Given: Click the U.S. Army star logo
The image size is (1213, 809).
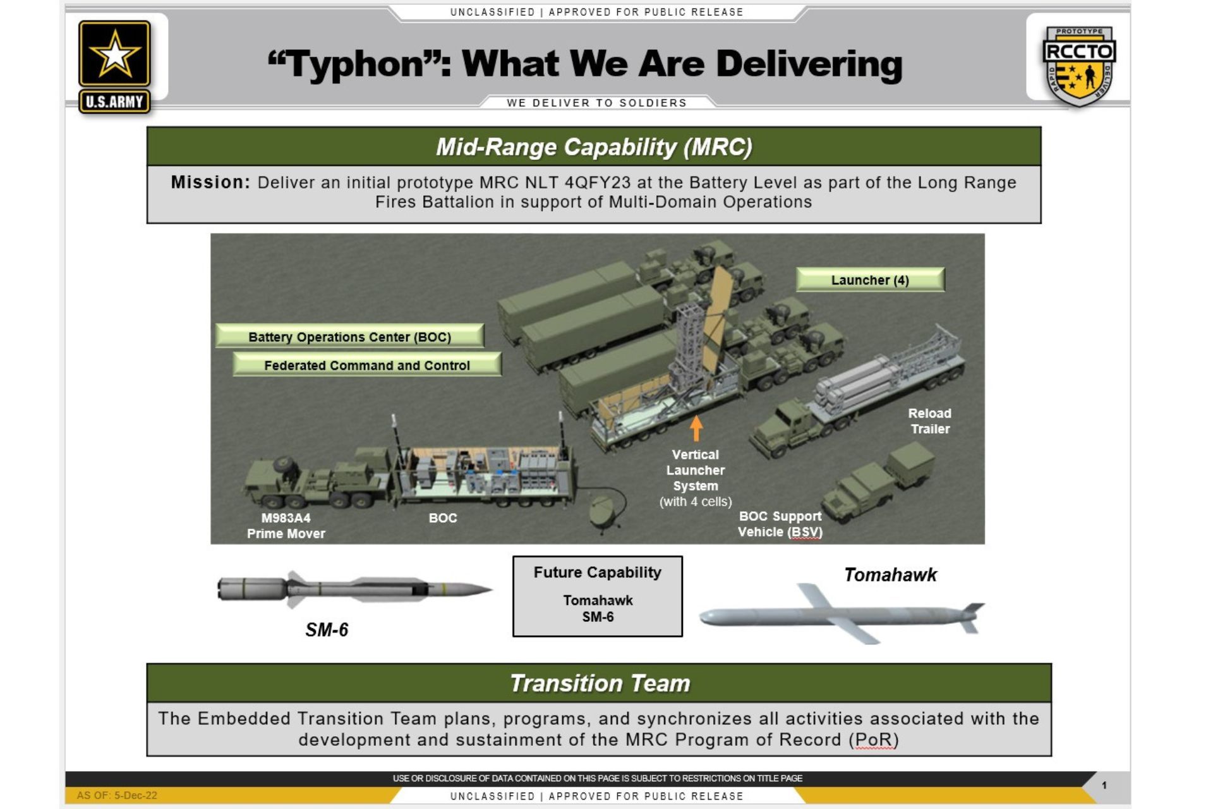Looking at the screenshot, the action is point(114,66).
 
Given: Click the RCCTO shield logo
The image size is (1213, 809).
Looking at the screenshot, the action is point(1079,65).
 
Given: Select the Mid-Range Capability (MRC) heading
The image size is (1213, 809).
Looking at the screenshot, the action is point(594,147).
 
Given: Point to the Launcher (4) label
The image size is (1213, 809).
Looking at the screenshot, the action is point(870,280).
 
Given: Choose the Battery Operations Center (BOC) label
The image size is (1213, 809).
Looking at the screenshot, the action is point(349,337).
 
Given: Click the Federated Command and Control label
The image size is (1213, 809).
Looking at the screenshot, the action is point(367,365).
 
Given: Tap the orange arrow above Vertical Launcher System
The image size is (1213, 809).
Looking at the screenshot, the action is point(696,428).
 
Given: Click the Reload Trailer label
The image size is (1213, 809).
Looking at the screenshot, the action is point(929,421).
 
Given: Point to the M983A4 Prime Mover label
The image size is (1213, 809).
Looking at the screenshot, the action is point(286,526).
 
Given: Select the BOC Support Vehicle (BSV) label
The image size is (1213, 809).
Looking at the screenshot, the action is point(780,525).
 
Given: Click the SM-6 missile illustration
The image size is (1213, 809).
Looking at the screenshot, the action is point(354,590).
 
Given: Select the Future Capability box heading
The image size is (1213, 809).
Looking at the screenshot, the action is point(598,573).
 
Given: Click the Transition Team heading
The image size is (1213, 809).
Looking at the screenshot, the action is point(600,683).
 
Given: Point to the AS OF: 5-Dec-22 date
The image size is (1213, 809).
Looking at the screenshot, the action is point(117,796).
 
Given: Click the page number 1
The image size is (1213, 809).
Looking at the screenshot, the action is point(1104,786).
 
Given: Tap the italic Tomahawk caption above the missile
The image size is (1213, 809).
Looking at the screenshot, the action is point(890,575).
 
